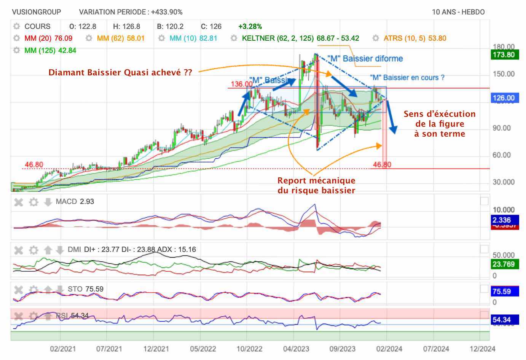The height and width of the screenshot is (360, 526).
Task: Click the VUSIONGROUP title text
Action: tap(37, 12)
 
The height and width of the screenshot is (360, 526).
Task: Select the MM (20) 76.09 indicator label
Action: tap(48, 38)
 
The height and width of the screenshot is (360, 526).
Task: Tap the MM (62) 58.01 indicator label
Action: tap(121, 38)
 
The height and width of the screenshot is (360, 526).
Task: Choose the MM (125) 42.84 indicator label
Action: tap(50, 50)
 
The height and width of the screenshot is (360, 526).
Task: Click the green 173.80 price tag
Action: tap(503, 54)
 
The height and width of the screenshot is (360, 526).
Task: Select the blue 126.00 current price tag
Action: tap(503, 98)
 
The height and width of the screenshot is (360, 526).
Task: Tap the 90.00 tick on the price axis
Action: tap(501, 128)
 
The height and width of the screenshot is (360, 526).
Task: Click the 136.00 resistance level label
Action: tap(241, 84)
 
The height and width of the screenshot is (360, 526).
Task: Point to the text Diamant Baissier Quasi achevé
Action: tap(120, 72)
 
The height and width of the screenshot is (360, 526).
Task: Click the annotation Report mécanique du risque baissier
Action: tap(316, 185)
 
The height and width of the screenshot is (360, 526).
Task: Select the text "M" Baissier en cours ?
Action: tap(407, 78)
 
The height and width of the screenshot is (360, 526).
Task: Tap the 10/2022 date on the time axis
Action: tap(249, 349)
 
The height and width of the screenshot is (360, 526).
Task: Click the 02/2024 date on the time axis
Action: tap(389, 349)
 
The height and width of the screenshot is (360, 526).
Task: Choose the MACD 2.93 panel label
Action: tap(75, 201)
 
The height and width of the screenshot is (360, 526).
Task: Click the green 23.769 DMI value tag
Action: tap(503, 264)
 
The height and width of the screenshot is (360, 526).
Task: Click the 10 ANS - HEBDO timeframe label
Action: tap(458, 12)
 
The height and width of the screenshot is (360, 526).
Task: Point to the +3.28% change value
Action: tap(250, 26)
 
